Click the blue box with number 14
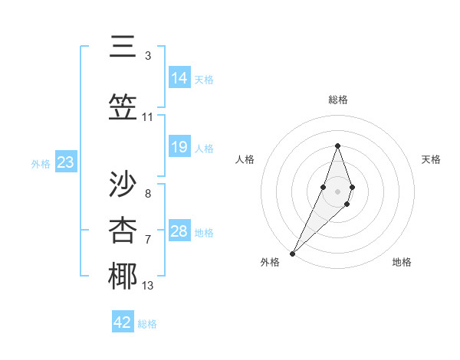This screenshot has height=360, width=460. click(x=179, y=78)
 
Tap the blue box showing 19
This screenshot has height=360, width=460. click(x=179, y=147)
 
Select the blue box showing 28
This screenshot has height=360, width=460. click(x=179, y=231)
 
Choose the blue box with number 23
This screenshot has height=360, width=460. click(x=65, y=162)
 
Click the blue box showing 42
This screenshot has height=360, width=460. click(x=123, y=322)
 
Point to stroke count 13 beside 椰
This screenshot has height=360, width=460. click(x=148, y=286)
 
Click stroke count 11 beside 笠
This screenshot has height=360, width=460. click(x=148, y=117)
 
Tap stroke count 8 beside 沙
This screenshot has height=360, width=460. click(x=148, y=194)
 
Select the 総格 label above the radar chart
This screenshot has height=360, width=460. click(x=337, y=100)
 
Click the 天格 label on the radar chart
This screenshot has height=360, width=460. click(x=432, y=159)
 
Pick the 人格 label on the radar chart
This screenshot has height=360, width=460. click(x=245, y=159)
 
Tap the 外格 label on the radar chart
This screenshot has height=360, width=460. click(x=269, y=262)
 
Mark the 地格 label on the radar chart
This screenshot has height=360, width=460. click(x=402, y=262)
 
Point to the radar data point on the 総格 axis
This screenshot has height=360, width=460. click(x=337, y=146)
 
